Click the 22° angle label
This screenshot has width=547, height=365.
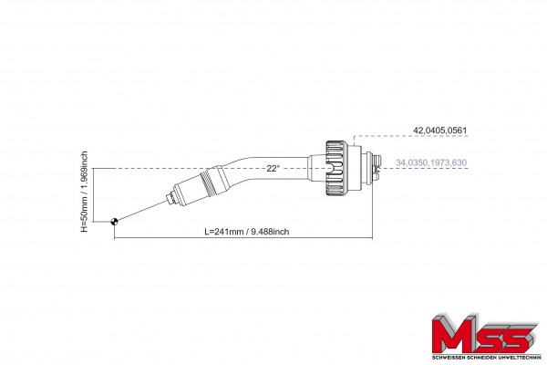point(273,168)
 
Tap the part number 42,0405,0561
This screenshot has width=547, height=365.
point(439,130)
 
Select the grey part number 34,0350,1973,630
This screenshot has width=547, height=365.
point(431,162)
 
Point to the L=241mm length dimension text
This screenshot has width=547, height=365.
point(247,232)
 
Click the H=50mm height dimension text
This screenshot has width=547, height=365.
point(84,192)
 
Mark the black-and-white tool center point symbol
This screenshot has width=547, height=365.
point(114,221)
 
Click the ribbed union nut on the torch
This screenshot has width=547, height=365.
point(337,168)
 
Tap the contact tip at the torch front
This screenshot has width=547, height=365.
point(171,199)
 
